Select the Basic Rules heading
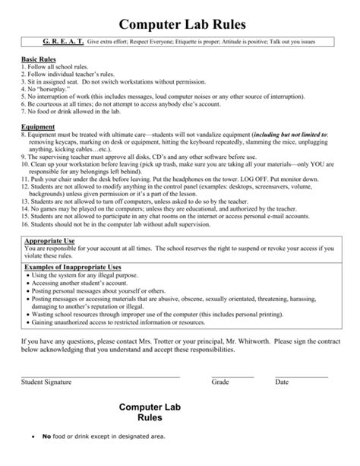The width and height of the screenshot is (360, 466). pos(39,59)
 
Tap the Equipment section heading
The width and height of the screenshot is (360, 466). pos(37,127)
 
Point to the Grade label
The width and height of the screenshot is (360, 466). pos(220,381)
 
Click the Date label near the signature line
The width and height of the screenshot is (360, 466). pos(282,381)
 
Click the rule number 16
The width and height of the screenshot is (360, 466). pos(26,224)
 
